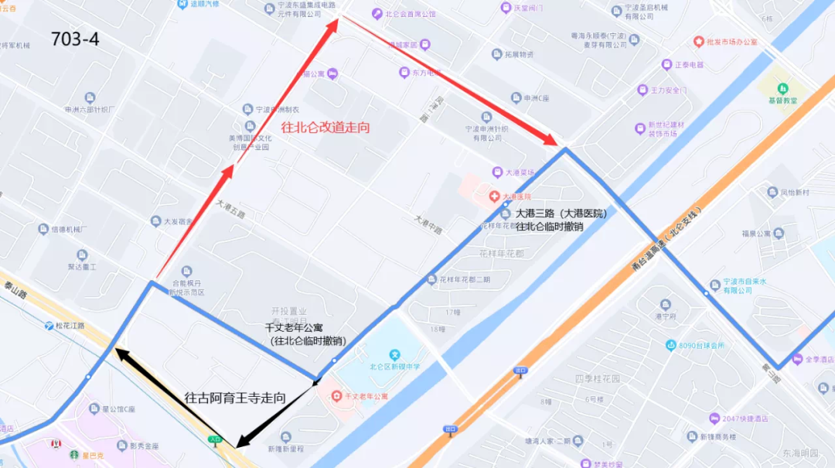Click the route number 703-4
pyautogui.click(x=75, y=39)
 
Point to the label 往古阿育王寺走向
pyautogui.click(x=235, y=398)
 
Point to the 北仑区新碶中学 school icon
pyautogui.click(x=394, y=354)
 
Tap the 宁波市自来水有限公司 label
pyautogui.click(x=731, y=285)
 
